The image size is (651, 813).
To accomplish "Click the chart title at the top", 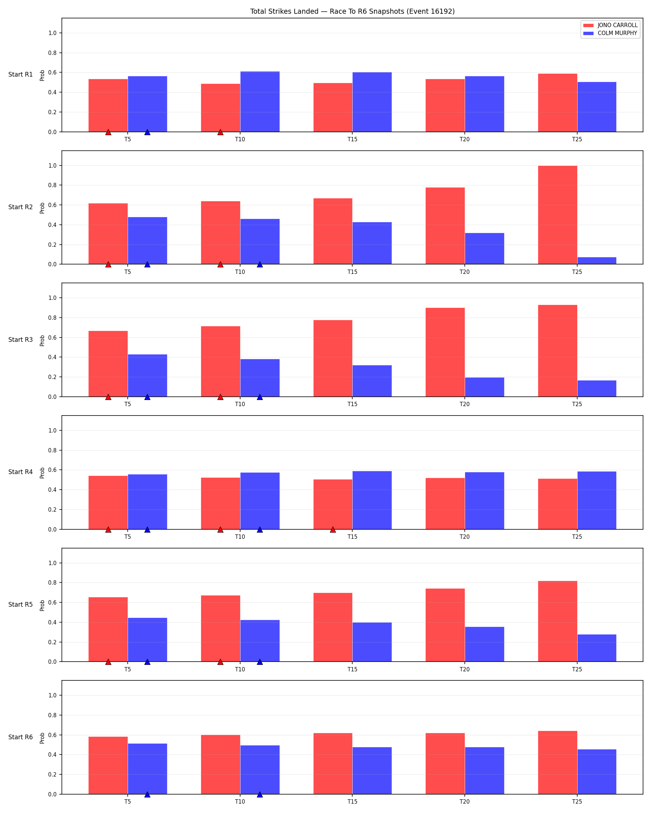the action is coord(352,11).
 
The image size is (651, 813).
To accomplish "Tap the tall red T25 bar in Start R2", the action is coord(557,215).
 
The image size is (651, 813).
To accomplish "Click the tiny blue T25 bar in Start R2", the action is coord(597,261).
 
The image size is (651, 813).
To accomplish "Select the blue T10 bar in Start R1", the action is coord(260,102).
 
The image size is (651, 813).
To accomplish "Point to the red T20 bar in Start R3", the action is coord(445,352).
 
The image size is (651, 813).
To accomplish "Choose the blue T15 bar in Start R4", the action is coord(372,500).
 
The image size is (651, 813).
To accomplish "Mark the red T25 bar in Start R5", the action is coord(557,621).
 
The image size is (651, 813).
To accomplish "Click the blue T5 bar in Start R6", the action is coord(147,769).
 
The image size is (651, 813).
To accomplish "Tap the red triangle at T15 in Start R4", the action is coord(332,529).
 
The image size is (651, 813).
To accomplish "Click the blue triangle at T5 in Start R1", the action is coord(147,132).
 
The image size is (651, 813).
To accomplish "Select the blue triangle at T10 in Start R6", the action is coord(260,794).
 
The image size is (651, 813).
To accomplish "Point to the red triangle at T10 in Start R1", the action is coord(220,132).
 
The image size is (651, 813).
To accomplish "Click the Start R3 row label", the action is coord(20,339).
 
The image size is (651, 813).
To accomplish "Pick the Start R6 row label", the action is coord(20,737).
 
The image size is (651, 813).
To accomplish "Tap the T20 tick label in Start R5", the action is coord(465,669).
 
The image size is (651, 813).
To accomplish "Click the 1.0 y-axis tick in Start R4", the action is coord(52,430).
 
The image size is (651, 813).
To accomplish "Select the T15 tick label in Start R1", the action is coord(352,139).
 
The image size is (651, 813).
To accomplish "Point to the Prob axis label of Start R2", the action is coord(42,208).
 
